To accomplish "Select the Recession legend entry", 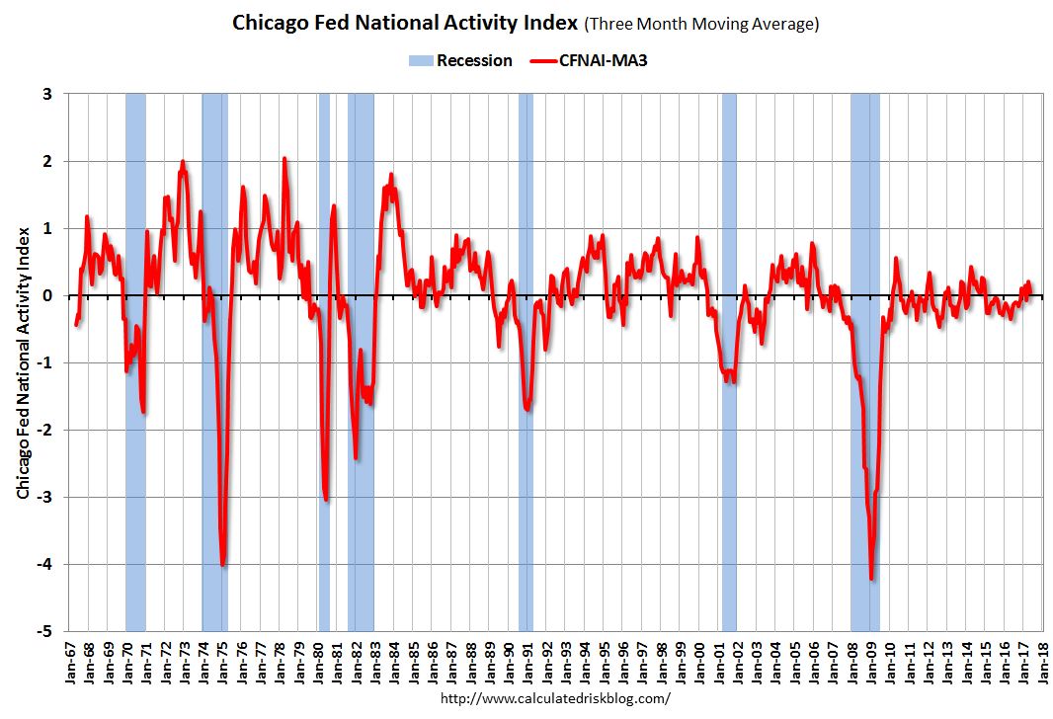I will [461, 61].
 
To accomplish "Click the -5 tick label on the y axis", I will [48, 631].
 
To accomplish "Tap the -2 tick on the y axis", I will [48, 430].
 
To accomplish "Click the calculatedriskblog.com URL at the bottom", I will [554, 698].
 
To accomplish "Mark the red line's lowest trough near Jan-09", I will [871, 579].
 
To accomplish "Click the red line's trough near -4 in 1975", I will [223, 565].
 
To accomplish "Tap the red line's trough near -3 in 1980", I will [326, 501].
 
